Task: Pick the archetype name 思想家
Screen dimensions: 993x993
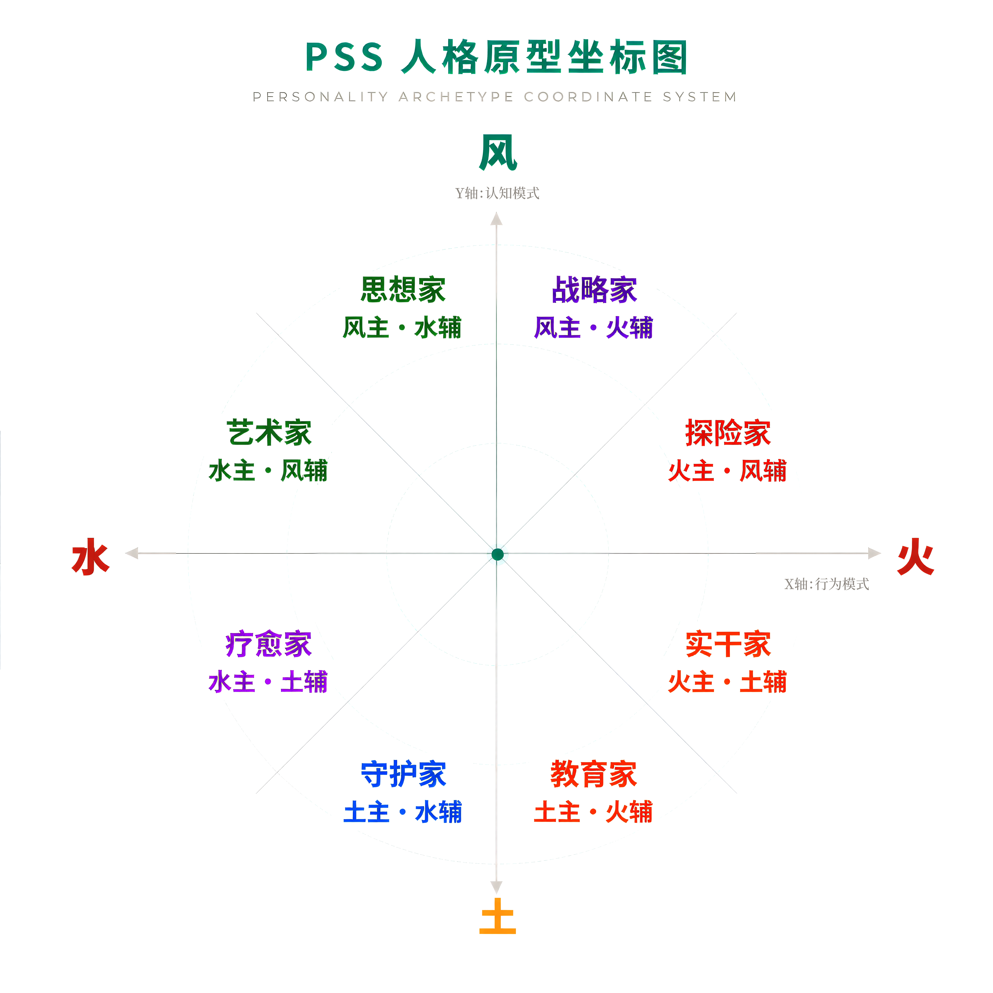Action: coord(403,289)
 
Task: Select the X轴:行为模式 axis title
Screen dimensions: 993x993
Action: coord(826,584)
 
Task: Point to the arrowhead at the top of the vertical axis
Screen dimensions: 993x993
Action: coord(496,220)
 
